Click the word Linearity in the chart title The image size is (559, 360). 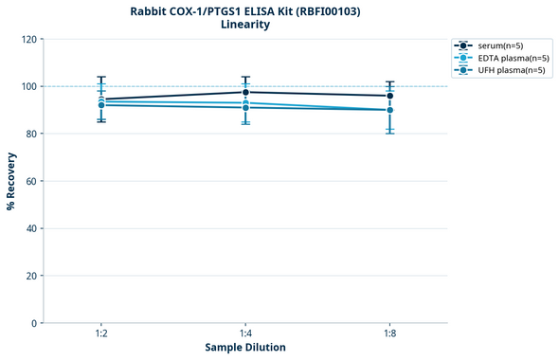click(x=245, y=25)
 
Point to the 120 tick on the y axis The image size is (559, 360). click(x=29, y=39)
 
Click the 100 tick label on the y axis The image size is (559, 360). click(x=29, y=86)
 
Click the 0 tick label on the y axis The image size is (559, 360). click(x=35, y=323)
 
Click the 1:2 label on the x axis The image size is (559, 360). click(x=101, y=334)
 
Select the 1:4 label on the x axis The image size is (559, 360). click(x=245, y=334)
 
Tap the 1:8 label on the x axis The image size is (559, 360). click(x=389, y=334)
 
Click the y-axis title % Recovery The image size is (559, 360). click(x=11, y=180)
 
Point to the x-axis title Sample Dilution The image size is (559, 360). click(x=245, y=348)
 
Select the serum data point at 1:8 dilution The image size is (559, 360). click(x=389, y=96)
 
